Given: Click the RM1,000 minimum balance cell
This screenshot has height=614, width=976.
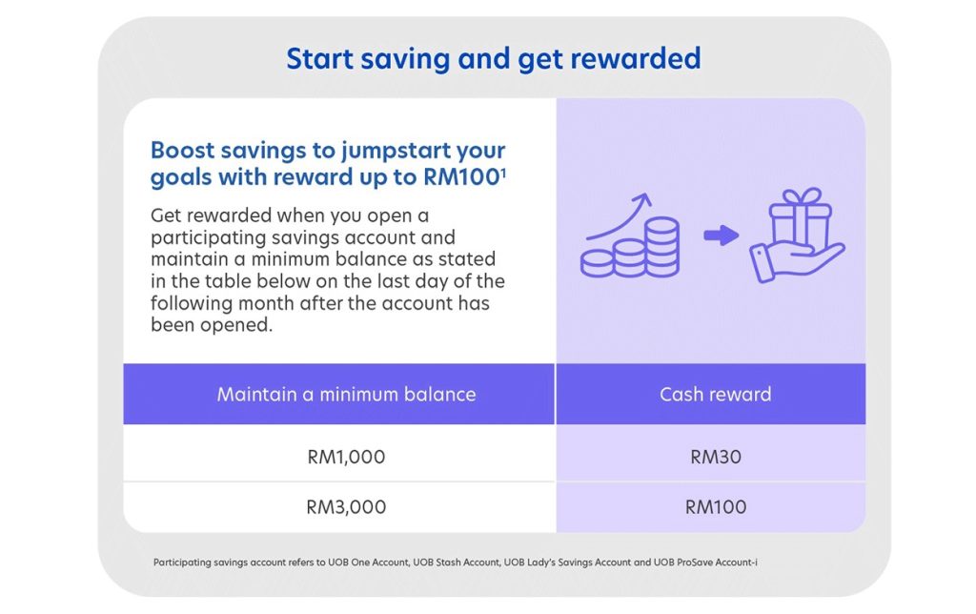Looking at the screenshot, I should pos(346,457).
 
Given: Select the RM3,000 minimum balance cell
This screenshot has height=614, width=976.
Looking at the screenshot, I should pos(346,507).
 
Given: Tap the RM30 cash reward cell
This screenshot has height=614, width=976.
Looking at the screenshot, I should pos(715,457).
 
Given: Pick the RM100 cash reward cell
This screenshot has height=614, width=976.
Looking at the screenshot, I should pos(715,507).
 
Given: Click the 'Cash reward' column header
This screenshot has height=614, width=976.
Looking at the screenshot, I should pos(715,394).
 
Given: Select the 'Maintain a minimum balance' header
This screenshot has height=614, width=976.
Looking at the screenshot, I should pos(346,394).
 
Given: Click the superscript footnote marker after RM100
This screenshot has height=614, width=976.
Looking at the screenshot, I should pos(503,171).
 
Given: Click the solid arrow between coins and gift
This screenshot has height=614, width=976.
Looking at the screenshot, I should pos(722,235).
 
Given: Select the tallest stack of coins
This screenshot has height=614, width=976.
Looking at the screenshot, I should pos(661,246).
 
